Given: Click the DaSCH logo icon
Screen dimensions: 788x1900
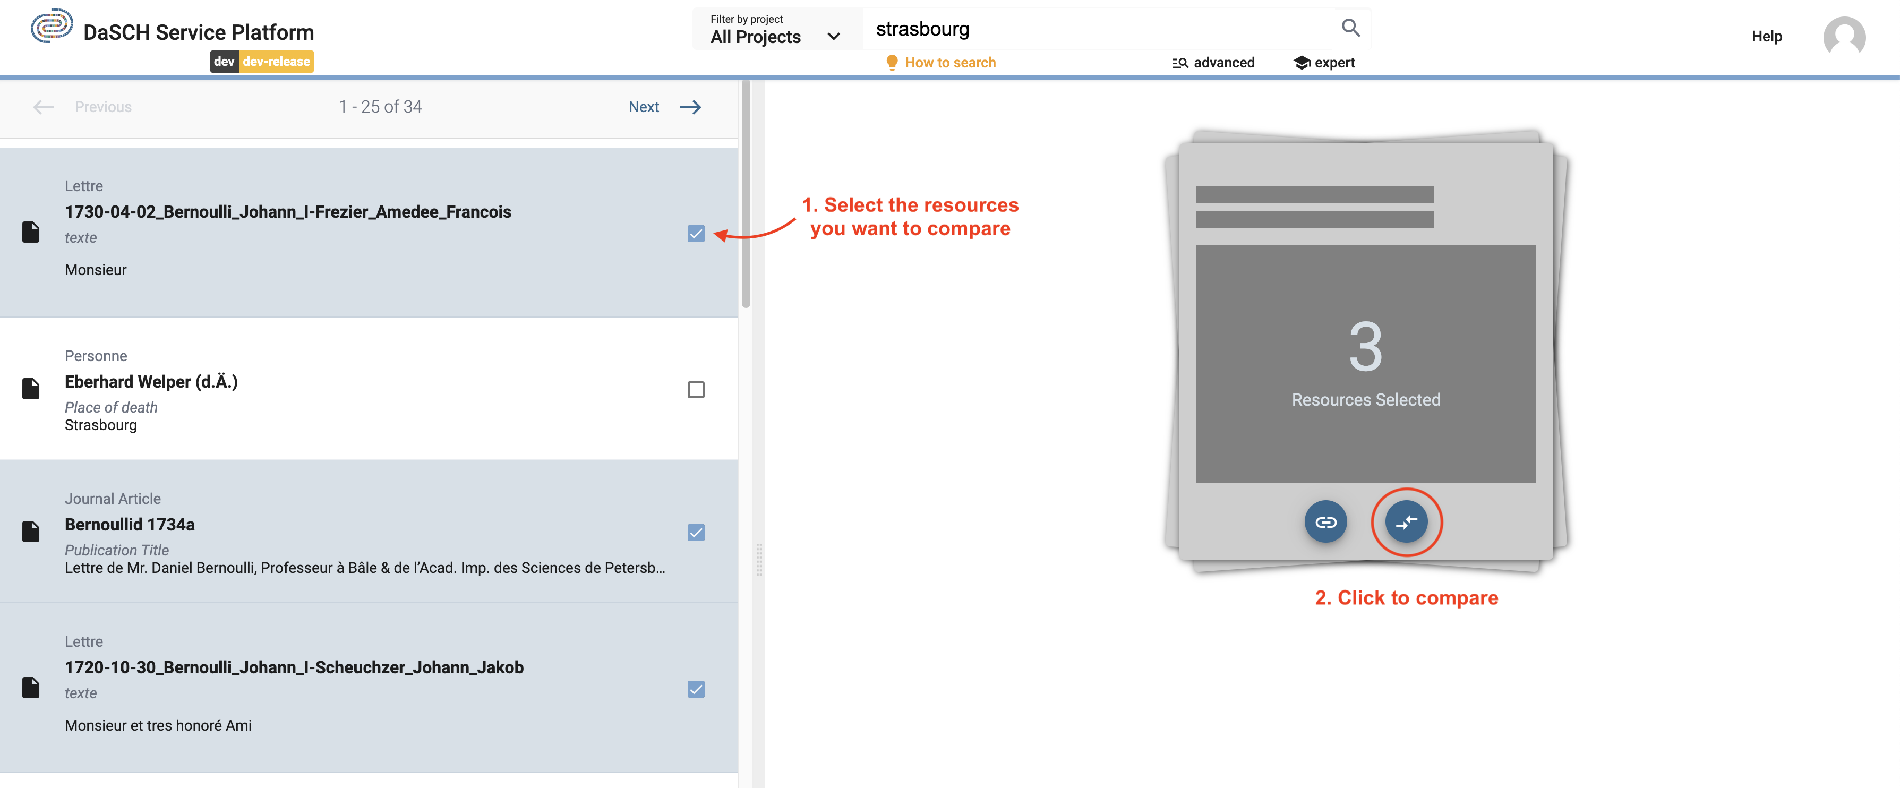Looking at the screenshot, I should coord(51,26).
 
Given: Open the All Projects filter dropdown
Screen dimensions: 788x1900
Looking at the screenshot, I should coord(774,30).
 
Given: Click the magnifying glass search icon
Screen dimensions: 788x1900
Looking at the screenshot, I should coord(1350,28).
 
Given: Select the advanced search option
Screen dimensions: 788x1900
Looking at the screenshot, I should coord(1213,63).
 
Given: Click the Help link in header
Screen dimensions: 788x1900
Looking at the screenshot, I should coord(1766,36).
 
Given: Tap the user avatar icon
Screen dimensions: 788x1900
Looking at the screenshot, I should coord(1843,37).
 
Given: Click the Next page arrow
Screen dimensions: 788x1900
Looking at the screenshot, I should coord(690,107).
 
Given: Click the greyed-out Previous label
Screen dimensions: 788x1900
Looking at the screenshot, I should coord(103,107).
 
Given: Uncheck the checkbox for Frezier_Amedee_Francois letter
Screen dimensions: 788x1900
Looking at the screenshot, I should coord(696,234).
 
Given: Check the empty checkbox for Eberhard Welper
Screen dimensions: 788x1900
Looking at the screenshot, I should coord(696,390).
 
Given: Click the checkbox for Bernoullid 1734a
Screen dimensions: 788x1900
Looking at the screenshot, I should coord(696,533).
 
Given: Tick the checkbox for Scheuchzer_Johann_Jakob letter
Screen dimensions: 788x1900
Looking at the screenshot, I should coord(696,689).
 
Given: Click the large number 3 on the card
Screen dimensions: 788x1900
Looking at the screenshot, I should coord(1365,347).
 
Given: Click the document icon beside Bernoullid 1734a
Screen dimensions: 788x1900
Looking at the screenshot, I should coord(31,531).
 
